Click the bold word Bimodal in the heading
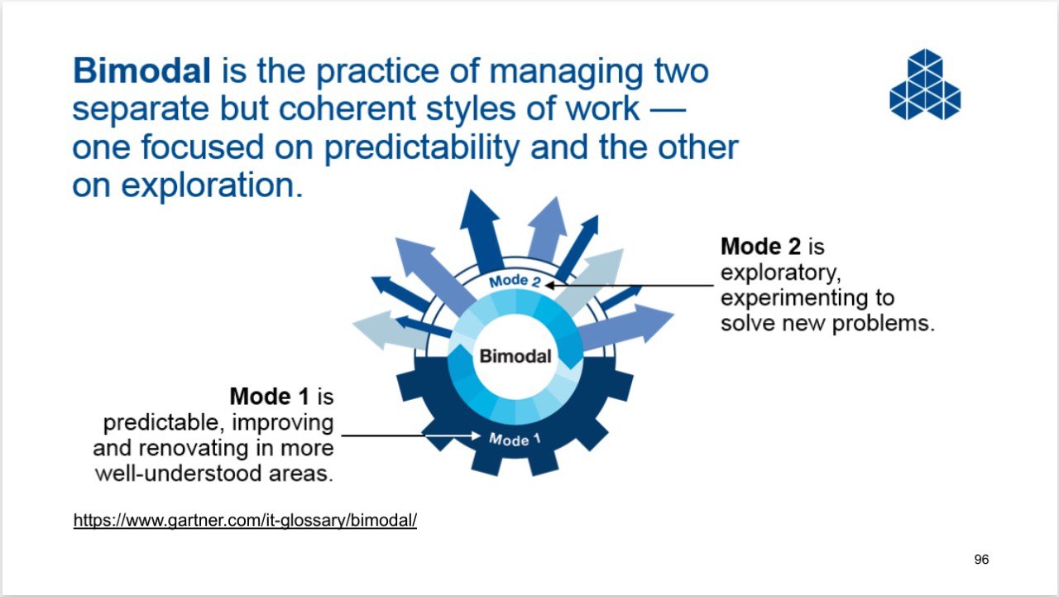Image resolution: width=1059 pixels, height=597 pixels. pyautogui.click(x=141, y=71)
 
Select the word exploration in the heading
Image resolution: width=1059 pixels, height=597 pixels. pyautogui.click(x=211, y=186)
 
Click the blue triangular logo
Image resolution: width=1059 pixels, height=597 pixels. pyautogui.click(x=925, y=84)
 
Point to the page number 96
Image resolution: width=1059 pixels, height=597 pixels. pyautogui.click(x=981, y=560)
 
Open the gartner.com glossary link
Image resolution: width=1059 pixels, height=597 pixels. pyautogui.click(x=245, y=520)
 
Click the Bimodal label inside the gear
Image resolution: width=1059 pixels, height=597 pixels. pyautogui.click(x=515, y=356)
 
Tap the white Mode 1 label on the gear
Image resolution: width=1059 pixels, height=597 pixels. pyautogui.click(x=515, y=440)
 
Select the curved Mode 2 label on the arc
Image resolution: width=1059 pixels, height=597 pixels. pyautogui.click(x=515, y=281)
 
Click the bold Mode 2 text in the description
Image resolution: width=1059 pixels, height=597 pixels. pyautogui.click(x=760, y=247)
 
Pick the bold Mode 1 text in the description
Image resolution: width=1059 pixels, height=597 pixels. pyautogui.click(x=269, y=397)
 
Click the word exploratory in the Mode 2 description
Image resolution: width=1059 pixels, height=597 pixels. pyautogui.click(x=780, y=273)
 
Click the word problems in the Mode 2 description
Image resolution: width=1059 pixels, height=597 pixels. pyautogui.click(x=883, y=325)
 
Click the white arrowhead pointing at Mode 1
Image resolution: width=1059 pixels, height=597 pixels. pyautogui.click(x=475, y=436)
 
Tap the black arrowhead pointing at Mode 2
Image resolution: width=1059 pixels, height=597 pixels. pyautogui.click(x=551, y=286)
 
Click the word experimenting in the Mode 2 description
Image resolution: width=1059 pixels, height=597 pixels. pyautogui.click(x=793, y=299)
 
